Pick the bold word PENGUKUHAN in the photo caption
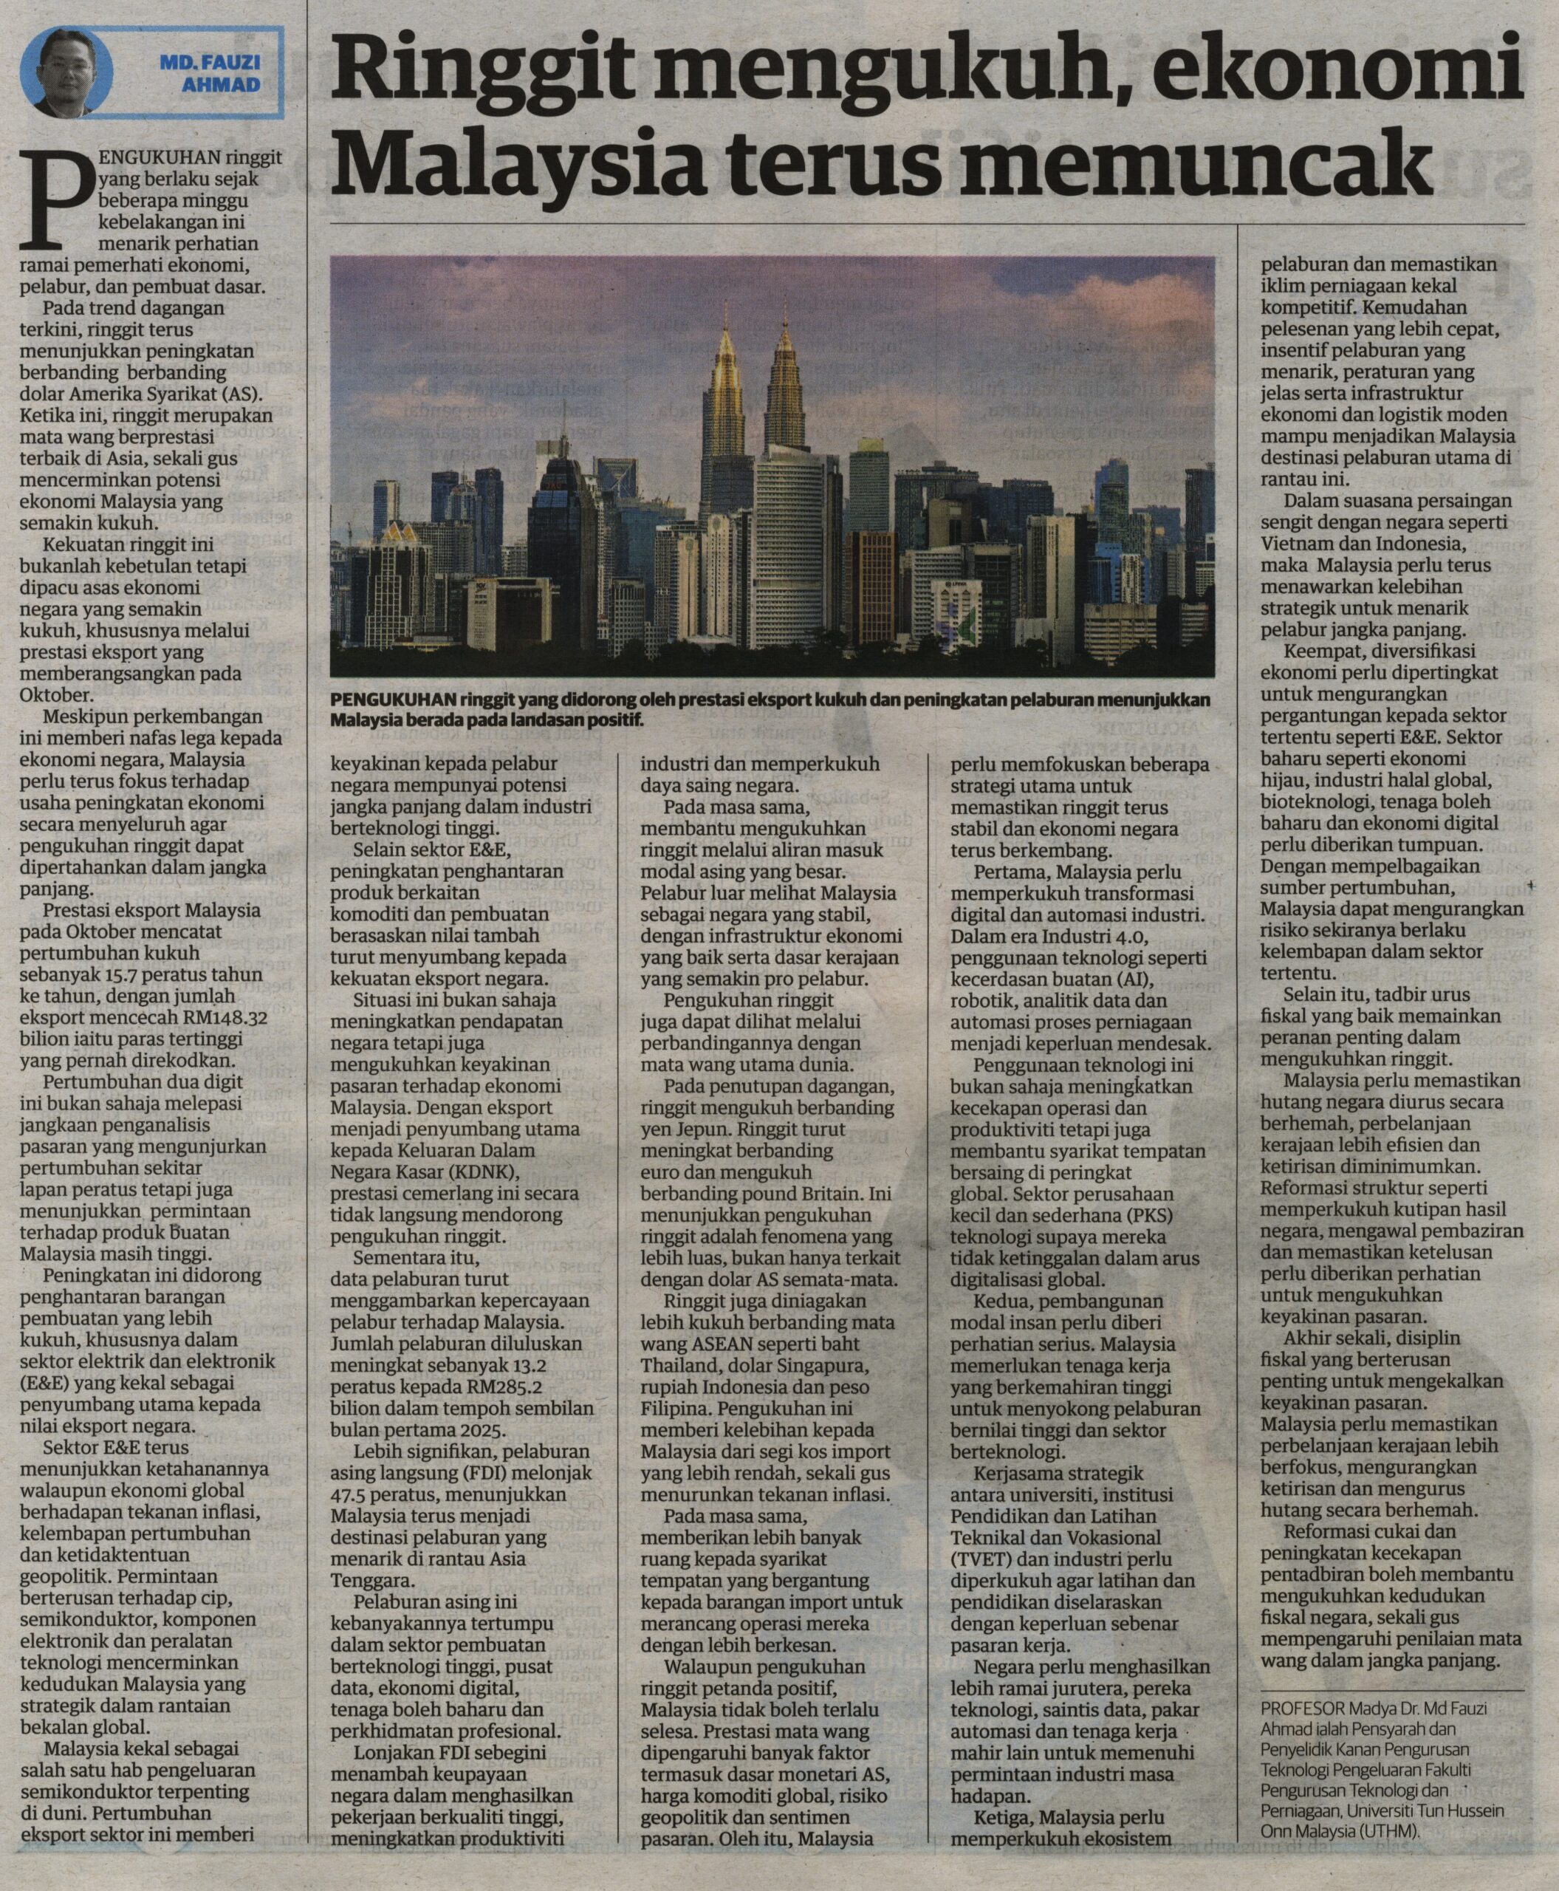394,699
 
